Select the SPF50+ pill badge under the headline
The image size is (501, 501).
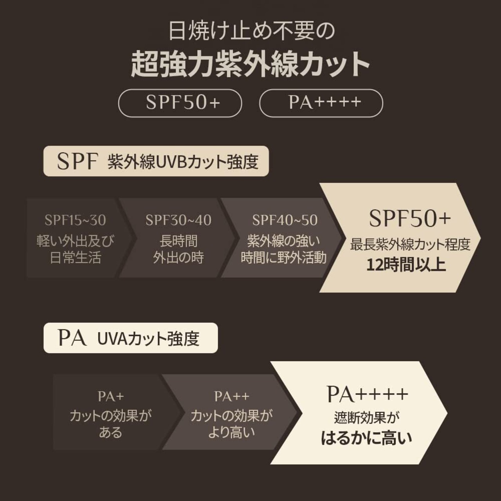pyautogui.click(x=180, y=103)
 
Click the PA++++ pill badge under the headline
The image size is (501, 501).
pyautogui.click(x=321, y=103)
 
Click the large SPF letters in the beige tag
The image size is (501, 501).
pyautogui.click(x=77, y=161)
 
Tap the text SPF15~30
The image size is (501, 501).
pyautogui.click(x=76, y=220)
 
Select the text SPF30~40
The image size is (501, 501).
pyautogui.click(x=178, y=220)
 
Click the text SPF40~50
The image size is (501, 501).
pyautogui.click(x=285, y=220)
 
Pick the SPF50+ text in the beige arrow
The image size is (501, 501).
pyautogui.click(x=410, y=218)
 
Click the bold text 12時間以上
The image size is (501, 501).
pyautogui.click(x=406, y=265)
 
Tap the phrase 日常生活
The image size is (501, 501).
pyautogui.click(x=76, y=258)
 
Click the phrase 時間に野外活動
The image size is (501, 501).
pyautogui.click(x=284, y=258)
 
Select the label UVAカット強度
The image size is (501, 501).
pyautogui.click(x=148, y=339)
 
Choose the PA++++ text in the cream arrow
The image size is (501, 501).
pyautogui.click(x=368, y=395)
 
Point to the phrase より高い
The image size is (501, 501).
pyautogui.click(x=231, y=433)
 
